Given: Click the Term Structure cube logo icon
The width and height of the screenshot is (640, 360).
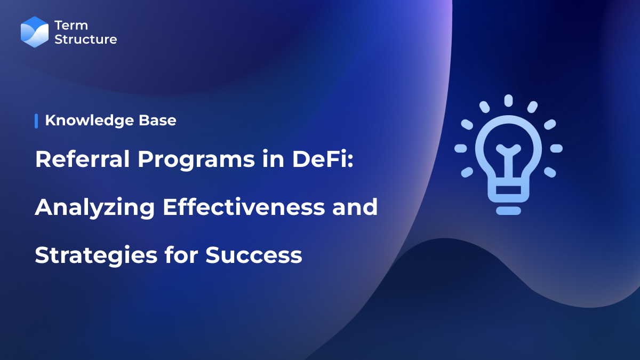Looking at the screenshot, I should [x=35, y=32].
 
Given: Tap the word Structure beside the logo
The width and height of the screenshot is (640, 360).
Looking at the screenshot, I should [x=85, y=39].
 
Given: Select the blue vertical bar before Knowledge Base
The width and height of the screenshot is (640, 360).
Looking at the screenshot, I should [x=36, y=121].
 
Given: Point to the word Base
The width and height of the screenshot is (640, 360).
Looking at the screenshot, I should [x=159, y=121].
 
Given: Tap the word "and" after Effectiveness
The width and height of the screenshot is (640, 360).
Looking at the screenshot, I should [x=359, y=207].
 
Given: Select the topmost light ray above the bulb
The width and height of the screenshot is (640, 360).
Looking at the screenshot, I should [x=508, y=100].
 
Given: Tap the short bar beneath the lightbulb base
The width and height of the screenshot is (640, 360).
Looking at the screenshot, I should [x=508, y=211].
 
